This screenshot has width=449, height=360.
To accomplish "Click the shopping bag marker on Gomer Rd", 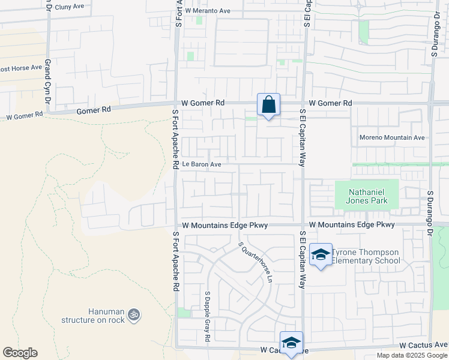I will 268,105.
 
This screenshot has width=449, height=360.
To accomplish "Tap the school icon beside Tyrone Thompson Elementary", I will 321,255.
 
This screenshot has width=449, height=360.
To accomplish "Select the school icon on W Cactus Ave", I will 291,343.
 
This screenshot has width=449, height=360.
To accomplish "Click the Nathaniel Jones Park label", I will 366,196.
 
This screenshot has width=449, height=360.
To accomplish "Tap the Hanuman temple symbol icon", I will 134,313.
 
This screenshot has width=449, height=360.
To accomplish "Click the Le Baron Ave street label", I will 202,164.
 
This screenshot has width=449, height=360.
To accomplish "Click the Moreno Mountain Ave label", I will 392,137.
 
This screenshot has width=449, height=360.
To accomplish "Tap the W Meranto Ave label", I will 208,11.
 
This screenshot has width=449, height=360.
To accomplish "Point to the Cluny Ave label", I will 74,6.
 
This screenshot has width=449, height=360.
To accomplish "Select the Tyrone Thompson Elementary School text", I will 366,256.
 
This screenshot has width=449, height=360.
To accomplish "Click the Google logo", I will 20,353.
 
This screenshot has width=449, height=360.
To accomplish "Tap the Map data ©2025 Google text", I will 412,355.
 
